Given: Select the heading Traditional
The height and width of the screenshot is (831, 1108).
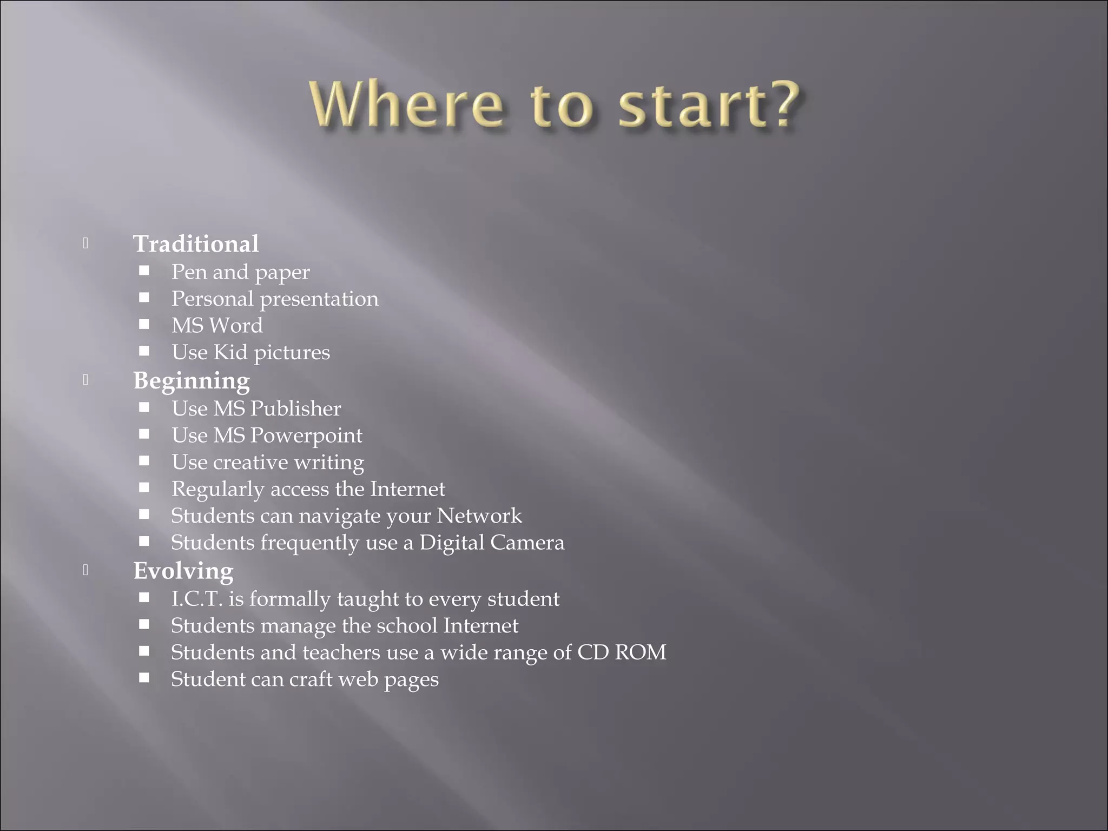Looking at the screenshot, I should (x=196, y=244).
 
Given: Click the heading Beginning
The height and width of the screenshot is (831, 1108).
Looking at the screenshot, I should (x=192, y=381).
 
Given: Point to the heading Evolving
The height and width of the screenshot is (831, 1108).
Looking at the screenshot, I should (x=183, y=571).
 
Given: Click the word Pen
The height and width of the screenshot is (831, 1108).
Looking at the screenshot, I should (x=189, y=272).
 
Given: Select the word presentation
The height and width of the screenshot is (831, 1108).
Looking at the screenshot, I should (x=319, y=299).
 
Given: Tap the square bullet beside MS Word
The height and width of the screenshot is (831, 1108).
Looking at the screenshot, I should (x=144, y=324).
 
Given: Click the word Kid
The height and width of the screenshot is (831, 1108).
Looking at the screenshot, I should (x=230, y=353).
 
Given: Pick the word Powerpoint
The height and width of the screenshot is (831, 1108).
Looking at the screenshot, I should (x=306, y=436).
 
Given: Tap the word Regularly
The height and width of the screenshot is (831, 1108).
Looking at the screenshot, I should (x=217, y=490).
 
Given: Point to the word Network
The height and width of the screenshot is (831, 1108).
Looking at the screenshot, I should (x=479, y=516).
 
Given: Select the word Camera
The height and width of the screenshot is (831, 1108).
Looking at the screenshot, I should (x=527, y=543).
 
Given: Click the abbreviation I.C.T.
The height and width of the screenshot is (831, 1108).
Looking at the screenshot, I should (x=197, y=599).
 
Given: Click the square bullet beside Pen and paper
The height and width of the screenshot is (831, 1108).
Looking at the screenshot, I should (x=144, y=271).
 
